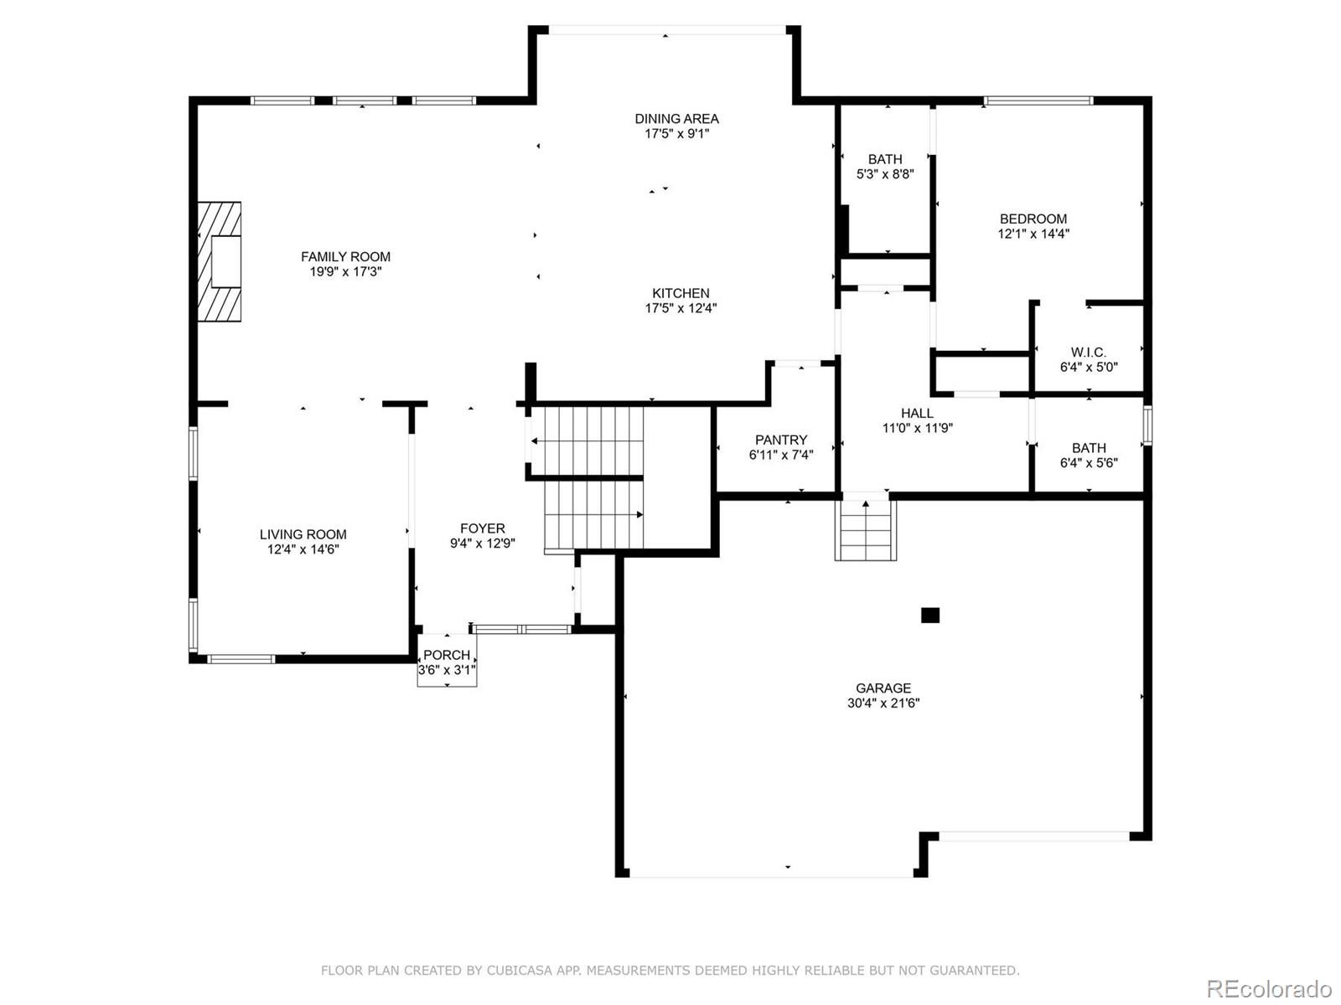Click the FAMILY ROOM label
tap(345, 257)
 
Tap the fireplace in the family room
tap(220, 261)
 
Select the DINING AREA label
tap(676, 119)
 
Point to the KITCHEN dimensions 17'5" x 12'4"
tap(681, 308)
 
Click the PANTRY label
tap(780, 440)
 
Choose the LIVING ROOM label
tap(303, 534)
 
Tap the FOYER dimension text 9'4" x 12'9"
tap(482, 544)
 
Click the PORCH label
tap(447, 655)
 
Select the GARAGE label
tap(883, 688)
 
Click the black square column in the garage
tap(930, 616)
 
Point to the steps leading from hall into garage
tap(866, 531)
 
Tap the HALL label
tap(917, 413)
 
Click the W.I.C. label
tap(1088, 353)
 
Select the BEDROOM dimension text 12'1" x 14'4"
tap(1033, 234)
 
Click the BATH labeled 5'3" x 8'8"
tap(885, 159)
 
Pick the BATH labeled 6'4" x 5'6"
tap(1088, 448)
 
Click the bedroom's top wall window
tap(1038, 101)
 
